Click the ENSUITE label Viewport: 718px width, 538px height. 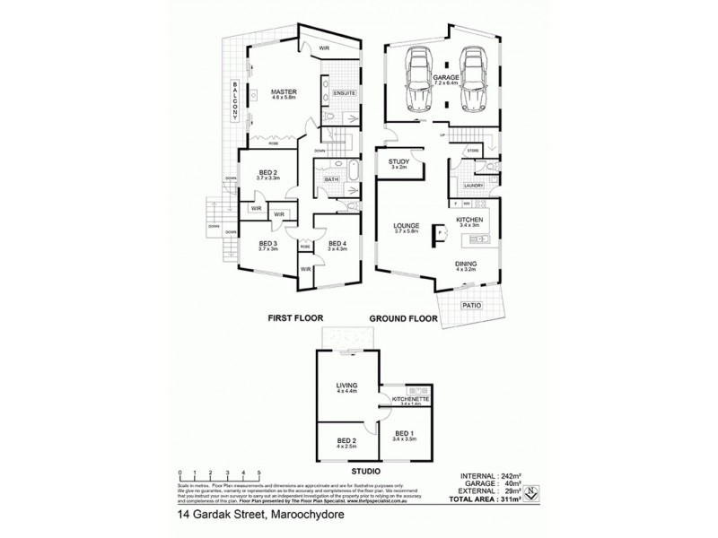click(x=346, y=92)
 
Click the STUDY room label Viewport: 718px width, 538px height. click(x=398, y=161)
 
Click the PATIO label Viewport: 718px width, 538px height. click(x=471, y=305)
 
